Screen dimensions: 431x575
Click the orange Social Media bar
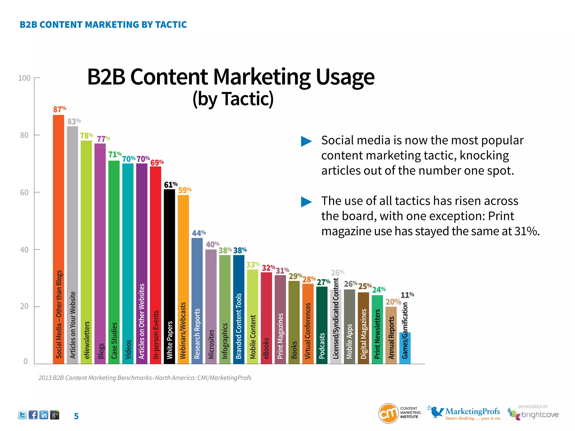58,239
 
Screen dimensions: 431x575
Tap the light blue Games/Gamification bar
405,348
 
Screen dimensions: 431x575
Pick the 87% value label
60,109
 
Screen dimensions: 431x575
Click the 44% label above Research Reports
199,233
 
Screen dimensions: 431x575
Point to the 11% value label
407,295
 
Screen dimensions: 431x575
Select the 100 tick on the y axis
24,78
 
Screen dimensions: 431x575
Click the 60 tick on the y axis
24,192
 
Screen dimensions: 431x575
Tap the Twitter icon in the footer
22,415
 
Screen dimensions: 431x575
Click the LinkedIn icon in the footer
44,415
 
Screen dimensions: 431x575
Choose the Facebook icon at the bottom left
33,415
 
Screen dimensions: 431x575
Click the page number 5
76,416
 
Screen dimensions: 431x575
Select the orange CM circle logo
389,413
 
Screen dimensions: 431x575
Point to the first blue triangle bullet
306,141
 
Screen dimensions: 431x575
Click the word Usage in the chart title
345,77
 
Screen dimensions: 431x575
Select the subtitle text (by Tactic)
233,99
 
